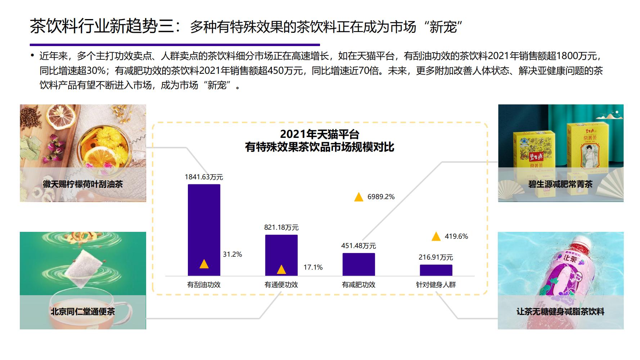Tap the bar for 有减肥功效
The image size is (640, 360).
point(359,264)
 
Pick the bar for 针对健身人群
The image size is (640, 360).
point(436,270)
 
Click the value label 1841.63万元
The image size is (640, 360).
point(204,177)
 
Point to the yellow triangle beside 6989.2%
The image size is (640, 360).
point(359,197)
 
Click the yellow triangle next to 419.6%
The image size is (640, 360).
point(436,237)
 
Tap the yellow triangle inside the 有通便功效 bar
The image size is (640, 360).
point(281,270)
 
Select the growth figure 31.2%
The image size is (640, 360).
point(232,255)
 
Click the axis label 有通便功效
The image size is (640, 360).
point(281,285)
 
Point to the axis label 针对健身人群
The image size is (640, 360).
point(436,285)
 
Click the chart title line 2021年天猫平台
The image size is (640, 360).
point(320,134)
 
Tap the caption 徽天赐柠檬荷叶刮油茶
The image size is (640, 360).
point(83,184)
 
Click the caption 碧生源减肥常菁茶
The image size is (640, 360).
point(560,184)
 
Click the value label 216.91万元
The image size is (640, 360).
point(436,257)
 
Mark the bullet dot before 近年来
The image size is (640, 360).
point(32,56)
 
